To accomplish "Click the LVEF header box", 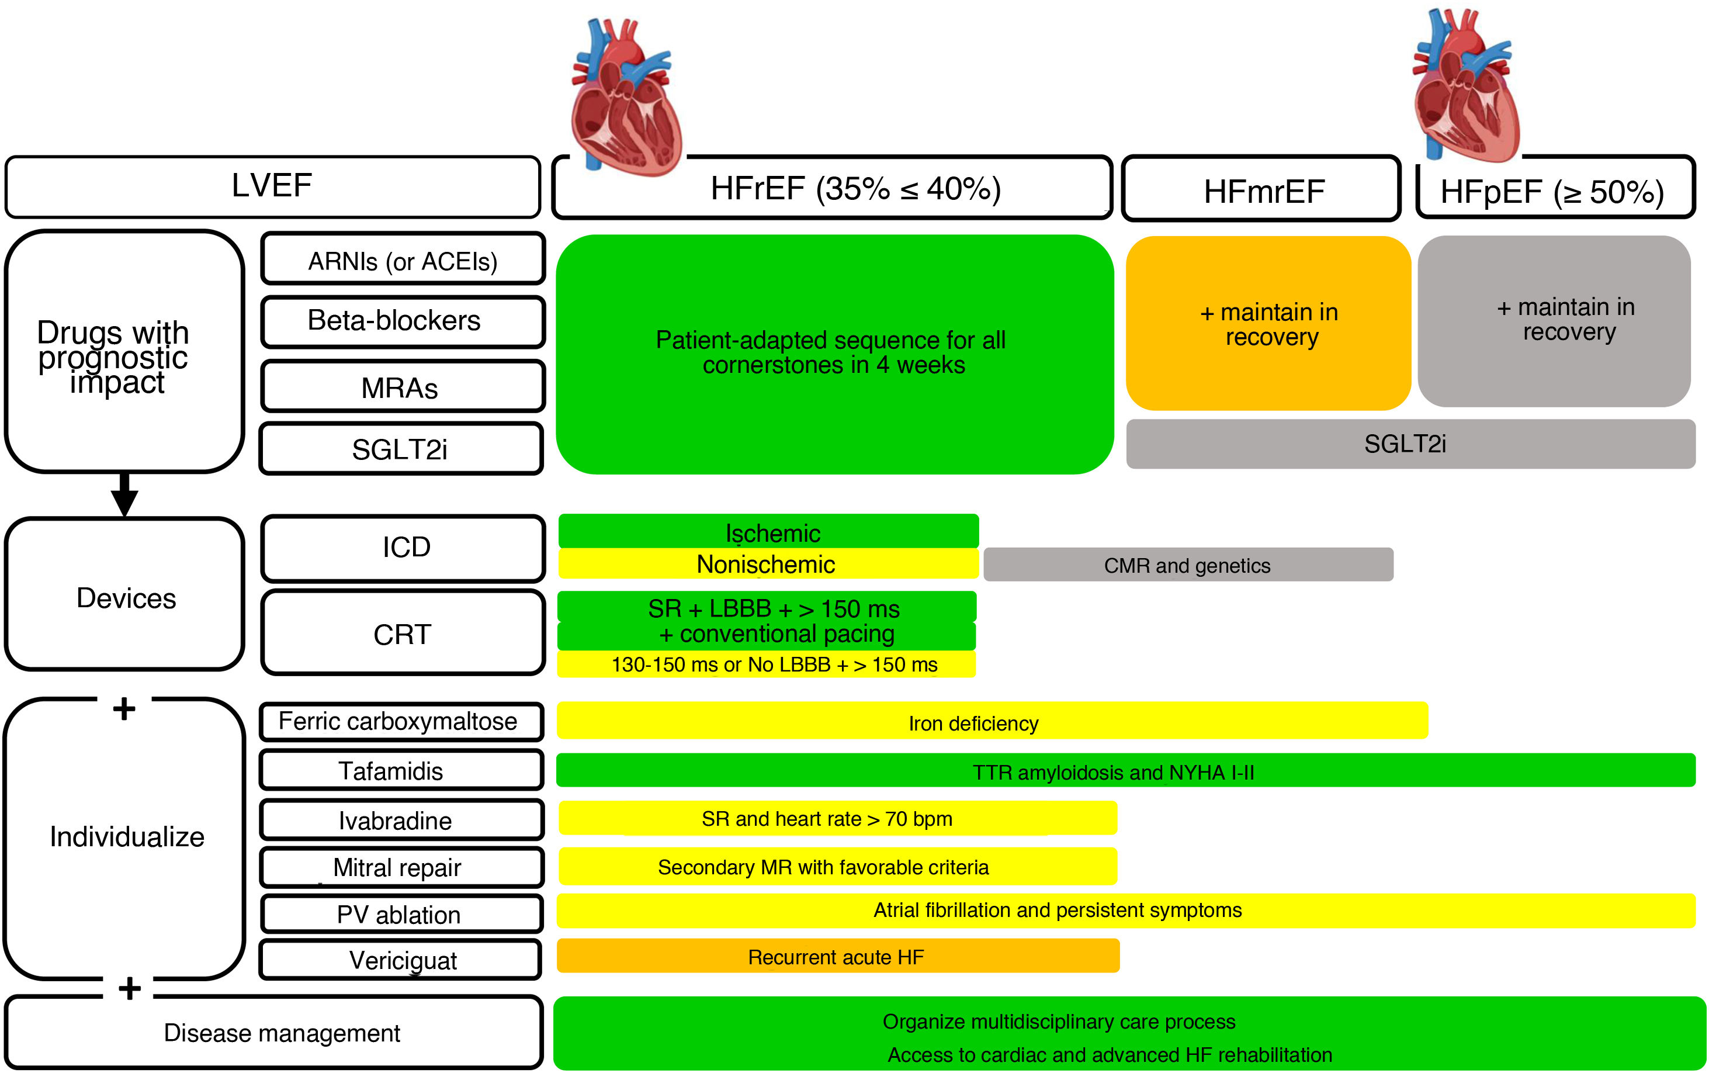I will (x=272, y=186).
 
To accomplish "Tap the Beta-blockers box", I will (x=402, y=321).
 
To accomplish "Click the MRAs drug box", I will (x=402, y=387).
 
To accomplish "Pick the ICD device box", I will (x=402, y=548).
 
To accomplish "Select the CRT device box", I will (x=402, y=633).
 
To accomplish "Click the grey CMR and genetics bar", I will (x=1188, y=565).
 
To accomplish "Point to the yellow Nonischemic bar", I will (x=768, y=564).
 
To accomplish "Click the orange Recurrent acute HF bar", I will (x=837, y=957).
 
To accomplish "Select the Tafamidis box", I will (x=401, y=770).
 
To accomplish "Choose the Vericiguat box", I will (x=401, y=960).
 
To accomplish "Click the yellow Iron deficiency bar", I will (x=991, y=722).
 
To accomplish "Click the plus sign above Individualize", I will (x=124, y=708).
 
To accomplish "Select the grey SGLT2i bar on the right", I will (x=1410, y=444).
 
